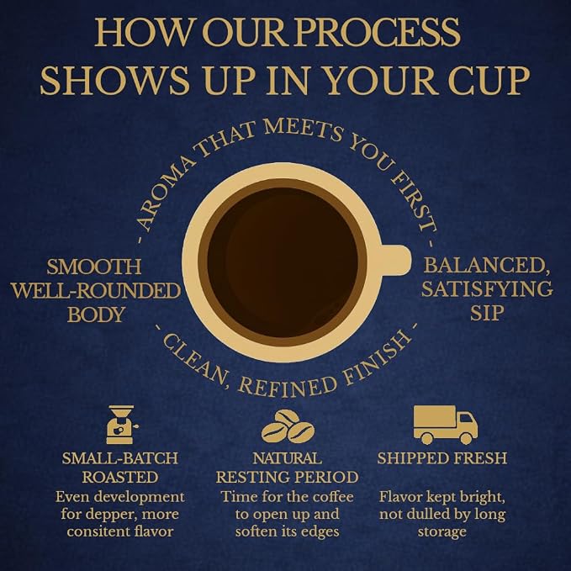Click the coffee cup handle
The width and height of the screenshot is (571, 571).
tap(395, 260)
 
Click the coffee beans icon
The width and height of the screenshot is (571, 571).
tap(288, 426)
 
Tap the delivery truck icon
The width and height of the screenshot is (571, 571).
tap(446, 426)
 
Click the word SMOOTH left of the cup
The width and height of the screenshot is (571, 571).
tap(93, 267)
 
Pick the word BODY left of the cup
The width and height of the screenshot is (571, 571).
tap(95, 315)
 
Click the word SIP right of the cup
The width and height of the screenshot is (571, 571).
tap(487, 313)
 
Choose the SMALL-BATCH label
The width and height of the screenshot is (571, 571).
tap(120, 458)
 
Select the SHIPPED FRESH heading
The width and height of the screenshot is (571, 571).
tap(442, 458)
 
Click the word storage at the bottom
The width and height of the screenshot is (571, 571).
tap(441, 532)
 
